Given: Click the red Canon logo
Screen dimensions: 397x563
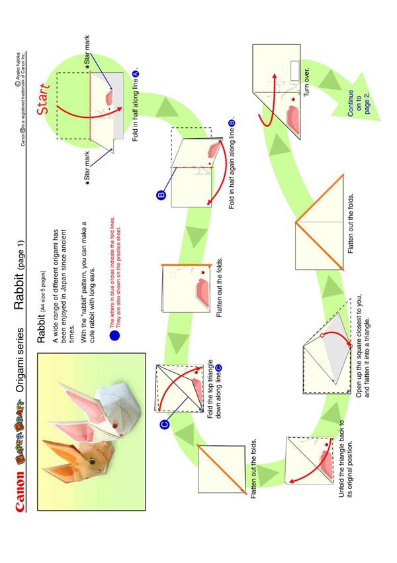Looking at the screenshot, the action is click(x=20, y=490).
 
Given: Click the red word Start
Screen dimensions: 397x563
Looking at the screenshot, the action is click(x=42, y=99).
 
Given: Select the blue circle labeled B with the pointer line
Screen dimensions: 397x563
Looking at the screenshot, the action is click(x=161, y=195).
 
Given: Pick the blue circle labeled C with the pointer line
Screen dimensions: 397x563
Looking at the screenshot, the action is click(x=164, y=425).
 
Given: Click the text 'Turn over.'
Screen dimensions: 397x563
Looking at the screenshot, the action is click(x=306, y=82).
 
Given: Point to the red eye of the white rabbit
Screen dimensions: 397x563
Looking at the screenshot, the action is click(x=114, y=425).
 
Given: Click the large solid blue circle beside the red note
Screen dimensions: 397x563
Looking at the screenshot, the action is click(x=114, y=335).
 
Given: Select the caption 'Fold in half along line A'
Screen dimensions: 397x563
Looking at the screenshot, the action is click(x=136, y=106).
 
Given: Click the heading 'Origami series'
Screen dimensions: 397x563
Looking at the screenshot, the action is click(x=20, y=360).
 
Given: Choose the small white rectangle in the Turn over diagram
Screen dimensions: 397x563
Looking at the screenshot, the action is click(x=294, y=71).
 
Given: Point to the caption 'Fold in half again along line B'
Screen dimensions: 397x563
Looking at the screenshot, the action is click(x=232, y=164).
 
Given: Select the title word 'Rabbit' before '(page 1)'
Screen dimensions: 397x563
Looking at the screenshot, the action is click(x=19, y=295).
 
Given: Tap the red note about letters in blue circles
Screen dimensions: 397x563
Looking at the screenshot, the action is click(x=116, y=272).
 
